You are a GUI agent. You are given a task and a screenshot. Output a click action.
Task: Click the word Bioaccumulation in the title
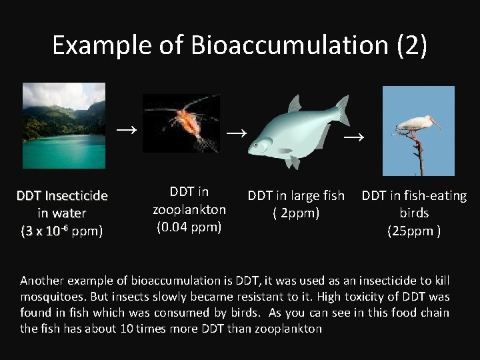pos(289,45)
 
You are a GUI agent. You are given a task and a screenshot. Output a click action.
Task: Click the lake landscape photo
pos(64,126)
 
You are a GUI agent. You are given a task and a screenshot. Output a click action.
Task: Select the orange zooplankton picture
pos(181,123)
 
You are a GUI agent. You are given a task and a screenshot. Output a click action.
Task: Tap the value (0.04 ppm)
pos(189,227)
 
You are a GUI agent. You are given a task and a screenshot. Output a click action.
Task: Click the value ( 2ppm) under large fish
pos(296,213)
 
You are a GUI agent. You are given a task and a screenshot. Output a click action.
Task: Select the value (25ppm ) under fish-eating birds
pos(414,231)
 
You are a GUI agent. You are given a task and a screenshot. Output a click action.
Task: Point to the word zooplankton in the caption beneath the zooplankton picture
pos(189,209)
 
